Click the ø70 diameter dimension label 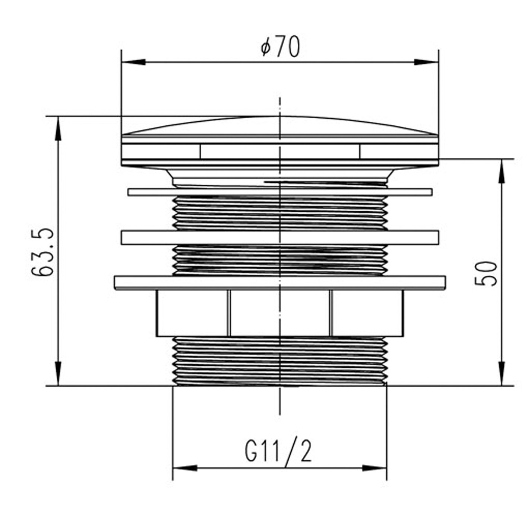click(x=280, y=47)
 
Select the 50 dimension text click(x=486, y=274)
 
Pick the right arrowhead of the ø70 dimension click(x=426, y=62)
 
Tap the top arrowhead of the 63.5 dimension click(x=57, y=128)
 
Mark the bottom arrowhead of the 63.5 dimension click(x=57, y=374)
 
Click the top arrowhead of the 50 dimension click(x=502, y=171)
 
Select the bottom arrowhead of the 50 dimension click(x=502, y=374)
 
